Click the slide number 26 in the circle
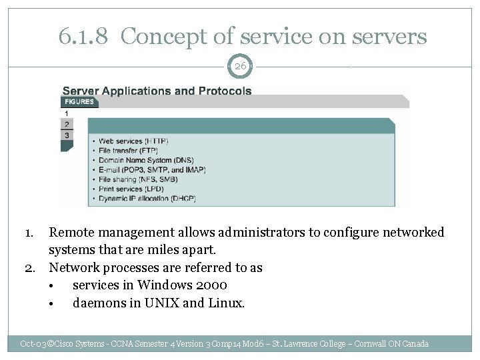pyautogui.click(x=240, y=66)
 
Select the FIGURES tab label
pyautogui.click(x=78, y=102)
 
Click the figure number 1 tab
pyautogui.click(x=66, y=113)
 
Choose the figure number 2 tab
pyautogui.click(x=66, y=124)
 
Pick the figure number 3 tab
pyautogui.click(x=66, y=135)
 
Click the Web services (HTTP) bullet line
pyautogui.click(x=133, y=141)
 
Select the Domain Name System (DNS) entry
pyautogui.click(x=141, y=161)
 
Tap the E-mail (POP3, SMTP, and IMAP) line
pyautogui.click(x=151, y=170)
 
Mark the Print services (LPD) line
pyautogui.click(x=132, y=189)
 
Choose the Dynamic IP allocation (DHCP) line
pyautogui.click(x=146, y=199)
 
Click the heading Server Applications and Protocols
pyautogui.click(x=157, y=90)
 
